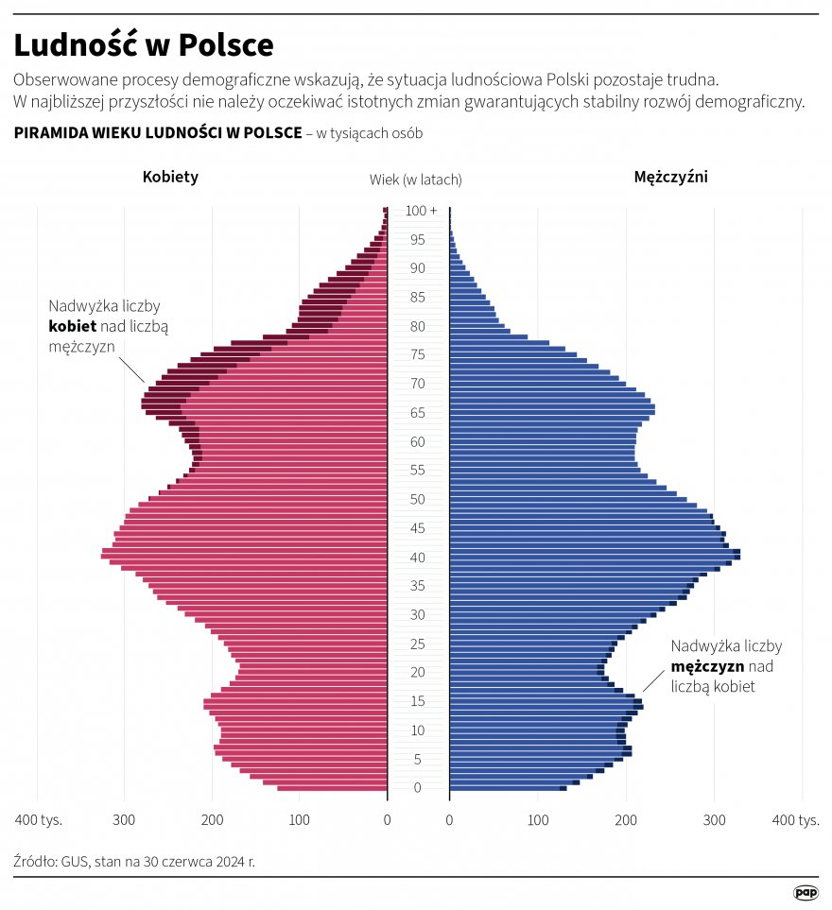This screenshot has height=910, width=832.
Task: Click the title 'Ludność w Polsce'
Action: click(144, 44)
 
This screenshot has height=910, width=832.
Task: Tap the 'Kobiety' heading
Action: click(170, 177)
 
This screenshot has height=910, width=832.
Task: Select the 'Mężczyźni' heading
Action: click(670, 177)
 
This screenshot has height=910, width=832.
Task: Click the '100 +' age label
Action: click(422, 211)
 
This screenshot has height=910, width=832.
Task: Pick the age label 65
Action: click(417, 413)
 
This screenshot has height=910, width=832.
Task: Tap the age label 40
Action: click(417, 558)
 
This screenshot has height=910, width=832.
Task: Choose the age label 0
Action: click(417, 788)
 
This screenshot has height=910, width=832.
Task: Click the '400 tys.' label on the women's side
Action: click(38, 819)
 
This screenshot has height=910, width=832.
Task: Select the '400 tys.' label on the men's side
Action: click(796, 819)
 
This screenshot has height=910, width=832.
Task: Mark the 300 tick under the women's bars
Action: click(125, 819)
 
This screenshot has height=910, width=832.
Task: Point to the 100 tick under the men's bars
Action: click(537, 819)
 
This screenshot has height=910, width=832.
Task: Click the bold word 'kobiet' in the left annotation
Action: click(72, 326)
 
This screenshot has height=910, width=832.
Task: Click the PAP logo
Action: click(805, 892)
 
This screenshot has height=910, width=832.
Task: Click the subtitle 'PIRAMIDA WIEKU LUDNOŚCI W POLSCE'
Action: click(158, 132)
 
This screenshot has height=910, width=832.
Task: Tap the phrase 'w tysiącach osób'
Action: click(369, 133)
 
